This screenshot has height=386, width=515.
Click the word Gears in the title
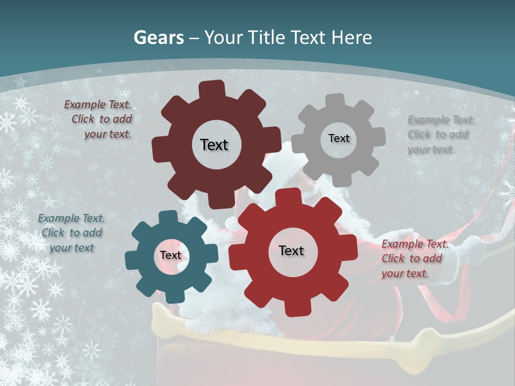(159, 38)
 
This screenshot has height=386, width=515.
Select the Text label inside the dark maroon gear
(214, 145)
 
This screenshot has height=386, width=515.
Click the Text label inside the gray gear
(339, 138)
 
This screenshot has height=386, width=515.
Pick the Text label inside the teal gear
(171, 255)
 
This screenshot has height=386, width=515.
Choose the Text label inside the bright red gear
(291, 250)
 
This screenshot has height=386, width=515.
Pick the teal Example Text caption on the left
(71, 233)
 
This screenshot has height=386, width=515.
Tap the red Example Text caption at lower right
(413, 258)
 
